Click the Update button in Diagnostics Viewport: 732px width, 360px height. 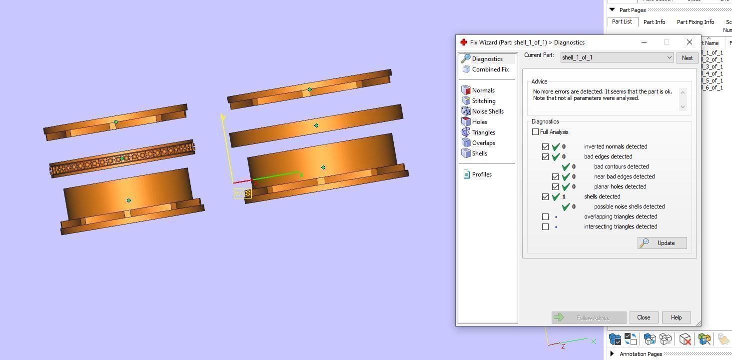point(662,243)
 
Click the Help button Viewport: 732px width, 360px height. point(676,317)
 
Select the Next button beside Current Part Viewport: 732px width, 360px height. point(687,58)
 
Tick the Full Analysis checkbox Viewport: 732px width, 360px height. point(536,132)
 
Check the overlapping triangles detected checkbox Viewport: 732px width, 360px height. point(546,216)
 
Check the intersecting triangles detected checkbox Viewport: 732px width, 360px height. point(546,226)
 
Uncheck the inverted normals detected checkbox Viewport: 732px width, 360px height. point(546,146)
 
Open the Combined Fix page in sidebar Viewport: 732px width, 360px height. point(490,69)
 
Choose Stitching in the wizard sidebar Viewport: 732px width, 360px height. point(483,101)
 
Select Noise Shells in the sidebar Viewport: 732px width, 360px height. point(487,111)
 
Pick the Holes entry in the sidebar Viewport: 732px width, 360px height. point(479,122)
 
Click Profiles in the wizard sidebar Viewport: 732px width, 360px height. point(481,174)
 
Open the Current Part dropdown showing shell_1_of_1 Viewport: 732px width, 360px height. point(617,57)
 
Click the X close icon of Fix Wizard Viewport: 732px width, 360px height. point(690,42)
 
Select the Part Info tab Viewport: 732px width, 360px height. point(654,22)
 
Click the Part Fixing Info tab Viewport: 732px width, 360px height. point(695,22)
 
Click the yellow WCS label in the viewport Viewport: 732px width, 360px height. point(242,193)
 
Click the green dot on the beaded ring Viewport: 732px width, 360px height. point(122,158)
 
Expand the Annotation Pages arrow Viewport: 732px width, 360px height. point(612,354)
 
